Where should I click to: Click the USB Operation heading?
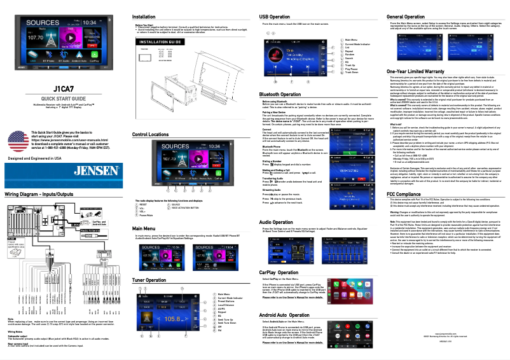coord(279,15)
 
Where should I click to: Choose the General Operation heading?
coord(410,15)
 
